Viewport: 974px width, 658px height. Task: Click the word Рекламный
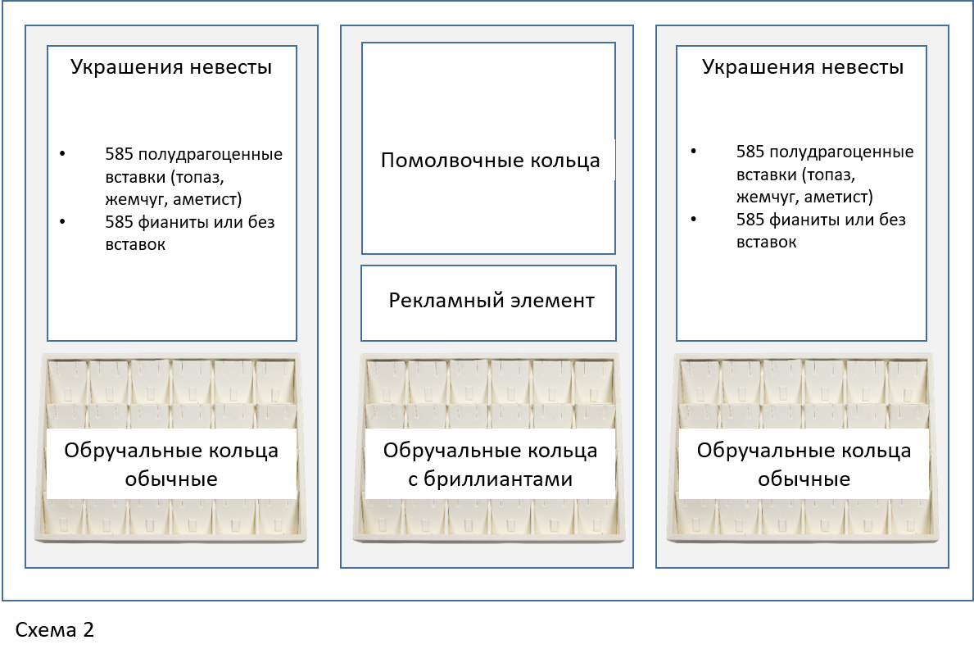(437, 301)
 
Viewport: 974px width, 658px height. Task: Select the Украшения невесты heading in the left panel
(171, 67)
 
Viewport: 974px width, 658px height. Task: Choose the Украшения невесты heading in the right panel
(803, 67)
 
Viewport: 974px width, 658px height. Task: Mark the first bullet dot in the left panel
(64, 153)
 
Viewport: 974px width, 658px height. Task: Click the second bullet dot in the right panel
(695, 220)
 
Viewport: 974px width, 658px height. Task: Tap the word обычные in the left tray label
(171, 479)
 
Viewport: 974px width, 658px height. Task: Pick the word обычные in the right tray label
(804, 479)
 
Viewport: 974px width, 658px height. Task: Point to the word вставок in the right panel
(766, 243)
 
